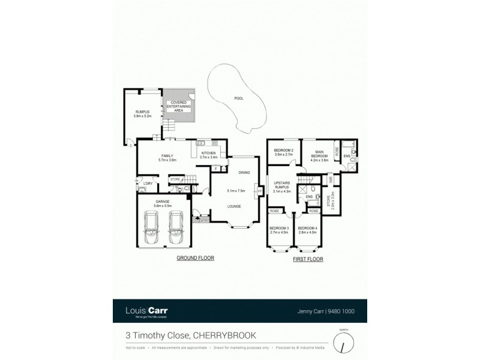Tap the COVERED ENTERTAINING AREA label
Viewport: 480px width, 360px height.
[x=179, y=106]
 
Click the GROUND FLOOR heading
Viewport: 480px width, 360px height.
[x=195, y=258]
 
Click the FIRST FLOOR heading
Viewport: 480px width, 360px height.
[x=308, y=260]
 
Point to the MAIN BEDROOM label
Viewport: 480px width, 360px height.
[x=319, y=155]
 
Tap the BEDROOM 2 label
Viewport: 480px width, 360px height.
[x=283, y=152]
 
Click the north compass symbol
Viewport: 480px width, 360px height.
[x=343, y=343]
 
